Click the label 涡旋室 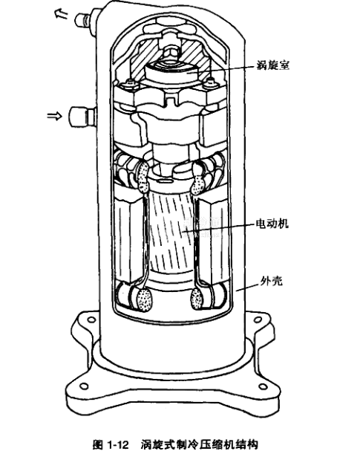[x=273, y=65]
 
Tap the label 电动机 [x=272, y=223]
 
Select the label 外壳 [x=271, y=281]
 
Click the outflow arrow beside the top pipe [x=62, y=13]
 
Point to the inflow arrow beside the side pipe [x=55, y=116]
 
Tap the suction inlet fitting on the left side [x=82, y=117]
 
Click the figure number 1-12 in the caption [x=118, y=444]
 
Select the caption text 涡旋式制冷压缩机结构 [x=199, y=444]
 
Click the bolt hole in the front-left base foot [x=84, y=386]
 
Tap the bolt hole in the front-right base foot [x=263, y=386]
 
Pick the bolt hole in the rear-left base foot [x=91, y=320]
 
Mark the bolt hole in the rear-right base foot [x=257, y=320]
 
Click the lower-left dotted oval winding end [x=145, y=300]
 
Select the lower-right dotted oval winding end [x=197, y=298]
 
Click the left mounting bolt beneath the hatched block [x=129, y=85]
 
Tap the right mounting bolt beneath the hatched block [x=210, y=83]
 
